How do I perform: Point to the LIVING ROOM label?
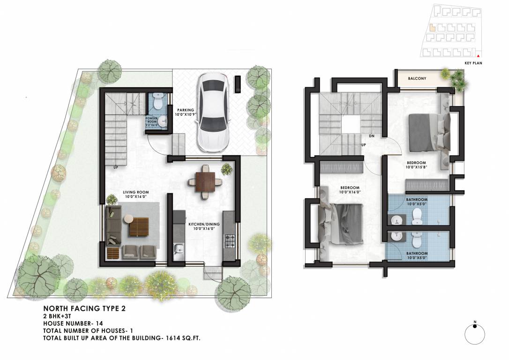[x=135, y=195]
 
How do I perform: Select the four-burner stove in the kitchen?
[x=229, y=241]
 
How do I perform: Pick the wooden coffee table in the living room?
[x=138, y=228]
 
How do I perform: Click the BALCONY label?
[x=417, y=79]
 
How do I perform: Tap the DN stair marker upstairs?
[x=371, y=136]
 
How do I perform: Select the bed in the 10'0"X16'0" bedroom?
[x=341, y=224]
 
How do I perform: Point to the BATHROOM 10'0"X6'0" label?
[x=416, y=202]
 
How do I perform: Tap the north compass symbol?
[x=474, y=334]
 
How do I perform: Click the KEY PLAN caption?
[x=473, y=62]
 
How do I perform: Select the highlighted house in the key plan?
[x=432, y=27]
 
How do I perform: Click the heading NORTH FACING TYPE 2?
[x=84, y=308]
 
